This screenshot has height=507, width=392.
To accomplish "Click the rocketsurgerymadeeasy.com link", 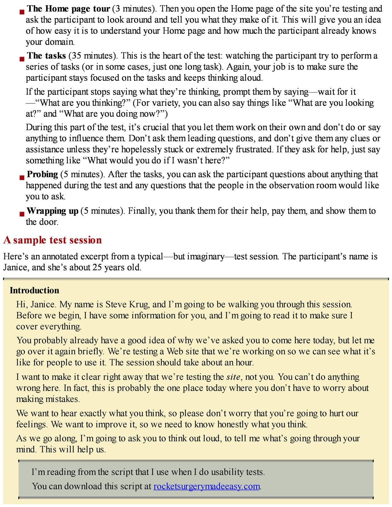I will coord(206,486).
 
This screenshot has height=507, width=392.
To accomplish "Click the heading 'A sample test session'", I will coord(52,240).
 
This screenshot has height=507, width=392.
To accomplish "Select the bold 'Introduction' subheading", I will coord(34,290).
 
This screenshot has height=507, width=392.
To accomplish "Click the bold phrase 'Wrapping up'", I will coord(52,211).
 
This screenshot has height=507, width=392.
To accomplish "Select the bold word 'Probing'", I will coord(42,175).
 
